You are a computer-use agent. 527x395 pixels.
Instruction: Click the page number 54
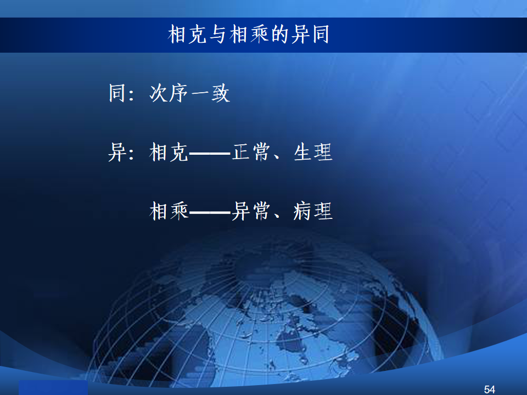pos(489,390)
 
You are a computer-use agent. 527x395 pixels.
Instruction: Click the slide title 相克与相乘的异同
pos(248,34)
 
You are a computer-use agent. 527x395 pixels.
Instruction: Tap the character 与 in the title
pos(218,34)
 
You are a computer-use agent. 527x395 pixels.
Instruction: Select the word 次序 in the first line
pos(169,93)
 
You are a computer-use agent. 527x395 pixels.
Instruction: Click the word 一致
pos(211,93)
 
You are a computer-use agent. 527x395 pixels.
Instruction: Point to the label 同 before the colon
pos(117,93)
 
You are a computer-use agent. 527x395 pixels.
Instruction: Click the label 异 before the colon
pos(117,152)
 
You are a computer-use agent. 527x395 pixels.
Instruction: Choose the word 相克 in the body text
pos(169,152)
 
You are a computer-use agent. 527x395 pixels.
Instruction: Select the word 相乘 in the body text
pos(169,211)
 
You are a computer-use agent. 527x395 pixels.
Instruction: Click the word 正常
pos(251,152)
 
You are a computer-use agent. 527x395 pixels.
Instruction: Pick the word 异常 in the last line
pos(251,211)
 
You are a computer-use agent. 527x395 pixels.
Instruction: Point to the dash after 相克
pos(210,154)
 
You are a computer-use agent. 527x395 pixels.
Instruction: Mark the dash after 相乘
pos(210,213)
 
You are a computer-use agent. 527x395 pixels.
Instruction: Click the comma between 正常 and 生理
pos(277,157)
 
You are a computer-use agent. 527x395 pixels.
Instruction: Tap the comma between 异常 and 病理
pos(277,216)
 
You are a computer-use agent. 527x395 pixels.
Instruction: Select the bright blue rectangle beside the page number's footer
pos(53,388)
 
